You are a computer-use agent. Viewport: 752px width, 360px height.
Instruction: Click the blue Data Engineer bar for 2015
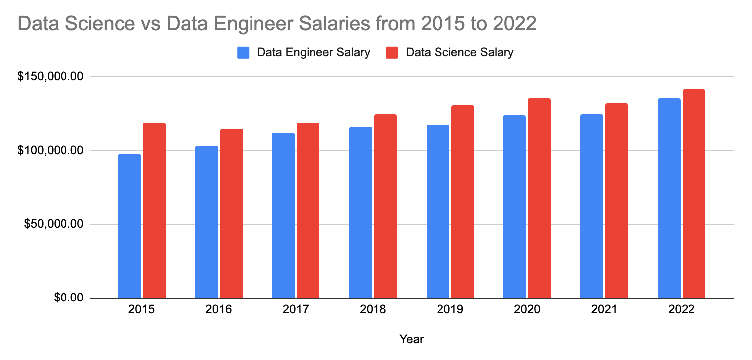pyautogui.click(x=129, y=226)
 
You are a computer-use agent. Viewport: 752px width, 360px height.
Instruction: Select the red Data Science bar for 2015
pyautogui.click(x=154, y=210)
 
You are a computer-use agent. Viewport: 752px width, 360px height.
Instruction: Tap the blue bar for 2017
pyautogui.click(x=283, y=215)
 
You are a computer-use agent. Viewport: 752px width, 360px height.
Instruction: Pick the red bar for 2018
pyautogui.click(x=385, y=206)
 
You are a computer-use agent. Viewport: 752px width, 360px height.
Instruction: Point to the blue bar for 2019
pyautogui.click(x=438, y=211)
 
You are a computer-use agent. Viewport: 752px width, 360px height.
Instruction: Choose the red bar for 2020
pyautogui.click(x=539, y=198)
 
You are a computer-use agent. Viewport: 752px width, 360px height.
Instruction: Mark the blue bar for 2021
pyautogui.click(x=592, y=206)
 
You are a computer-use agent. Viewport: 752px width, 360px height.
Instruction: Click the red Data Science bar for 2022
pyautogui.click(x=694, y=193)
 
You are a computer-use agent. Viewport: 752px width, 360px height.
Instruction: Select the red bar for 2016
pyautogui.click(x=232, y=213)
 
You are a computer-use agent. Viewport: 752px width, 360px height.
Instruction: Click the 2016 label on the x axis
pyautogui.click(x=219, y=310)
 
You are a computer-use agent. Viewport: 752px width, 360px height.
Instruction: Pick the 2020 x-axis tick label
pyautogui.click(x=527, y=310)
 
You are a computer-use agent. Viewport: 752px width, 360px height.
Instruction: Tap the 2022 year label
pyautogui.click(x=682, y=310)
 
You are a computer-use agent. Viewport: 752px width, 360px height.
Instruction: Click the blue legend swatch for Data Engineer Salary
pyautogui.click(x=243, y=53)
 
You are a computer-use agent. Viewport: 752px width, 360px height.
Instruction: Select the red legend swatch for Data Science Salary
pyautogui.click(x=392, y=53)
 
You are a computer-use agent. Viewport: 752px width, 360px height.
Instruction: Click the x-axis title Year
pyautogui.click(x=411, y=340)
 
